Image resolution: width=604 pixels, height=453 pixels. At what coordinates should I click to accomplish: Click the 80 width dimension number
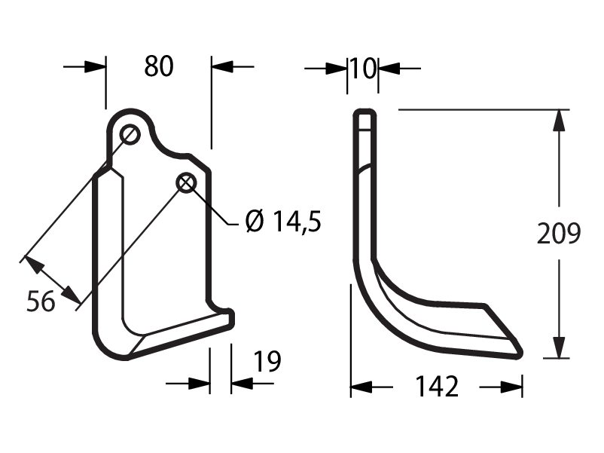click(159, 66)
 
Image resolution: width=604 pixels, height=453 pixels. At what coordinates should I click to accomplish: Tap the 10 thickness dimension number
click(363, 69)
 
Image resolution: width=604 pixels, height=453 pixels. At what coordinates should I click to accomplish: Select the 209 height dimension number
click(559, 233)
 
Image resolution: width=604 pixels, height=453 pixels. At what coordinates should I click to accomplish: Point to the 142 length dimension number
click(437, 387)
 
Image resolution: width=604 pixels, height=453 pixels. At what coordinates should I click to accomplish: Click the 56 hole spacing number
click(41, 301)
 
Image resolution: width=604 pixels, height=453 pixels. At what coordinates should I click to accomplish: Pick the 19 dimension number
click(267, 361)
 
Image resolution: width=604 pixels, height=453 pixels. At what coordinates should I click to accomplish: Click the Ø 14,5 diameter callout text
click(283, 222)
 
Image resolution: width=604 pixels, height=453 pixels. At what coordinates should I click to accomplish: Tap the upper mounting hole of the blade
click(130, 135)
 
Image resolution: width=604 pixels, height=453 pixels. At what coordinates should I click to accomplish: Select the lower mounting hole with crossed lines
click(187, 182)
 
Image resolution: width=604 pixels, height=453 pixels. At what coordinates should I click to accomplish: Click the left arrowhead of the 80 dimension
click(95, 66)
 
